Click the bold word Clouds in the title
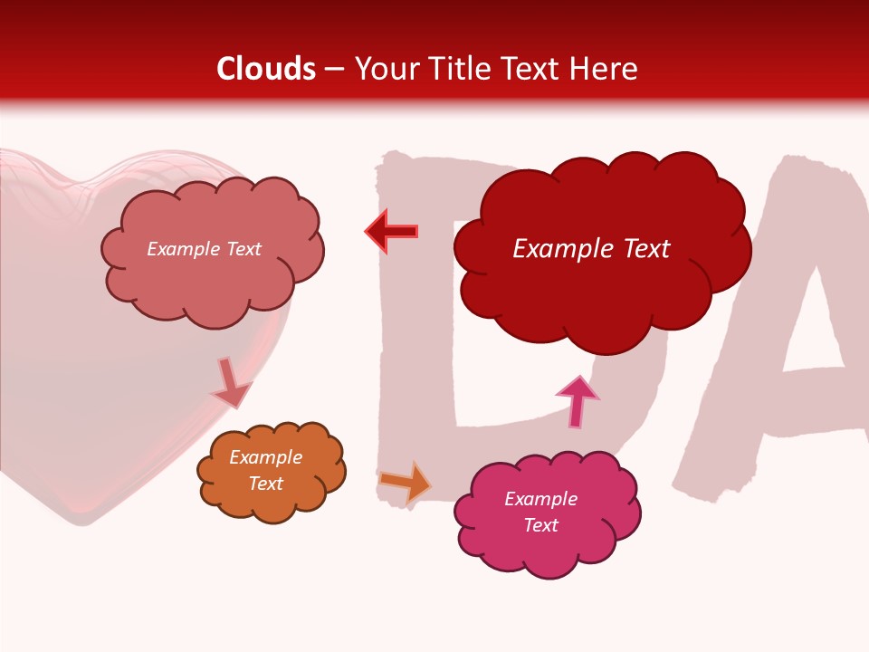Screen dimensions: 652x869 (x=266, y=69)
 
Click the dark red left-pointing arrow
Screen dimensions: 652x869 (x=392, y=232)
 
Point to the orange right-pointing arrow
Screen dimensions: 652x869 (x=406, y=481)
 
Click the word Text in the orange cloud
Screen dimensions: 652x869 (x=265, y=484)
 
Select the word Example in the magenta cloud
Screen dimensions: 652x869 (x=540, y=499)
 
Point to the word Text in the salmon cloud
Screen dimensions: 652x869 (x=243, y=249)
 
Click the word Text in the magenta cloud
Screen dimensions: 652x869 (x=540, y=525)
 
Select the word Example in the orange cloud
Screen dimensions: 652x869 (x=265, y=457)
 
